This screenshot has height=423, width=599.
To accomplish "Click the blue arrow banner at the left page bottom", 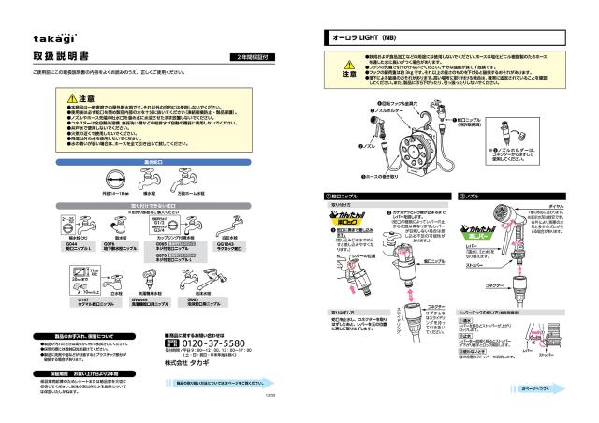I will coord(225,382).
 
